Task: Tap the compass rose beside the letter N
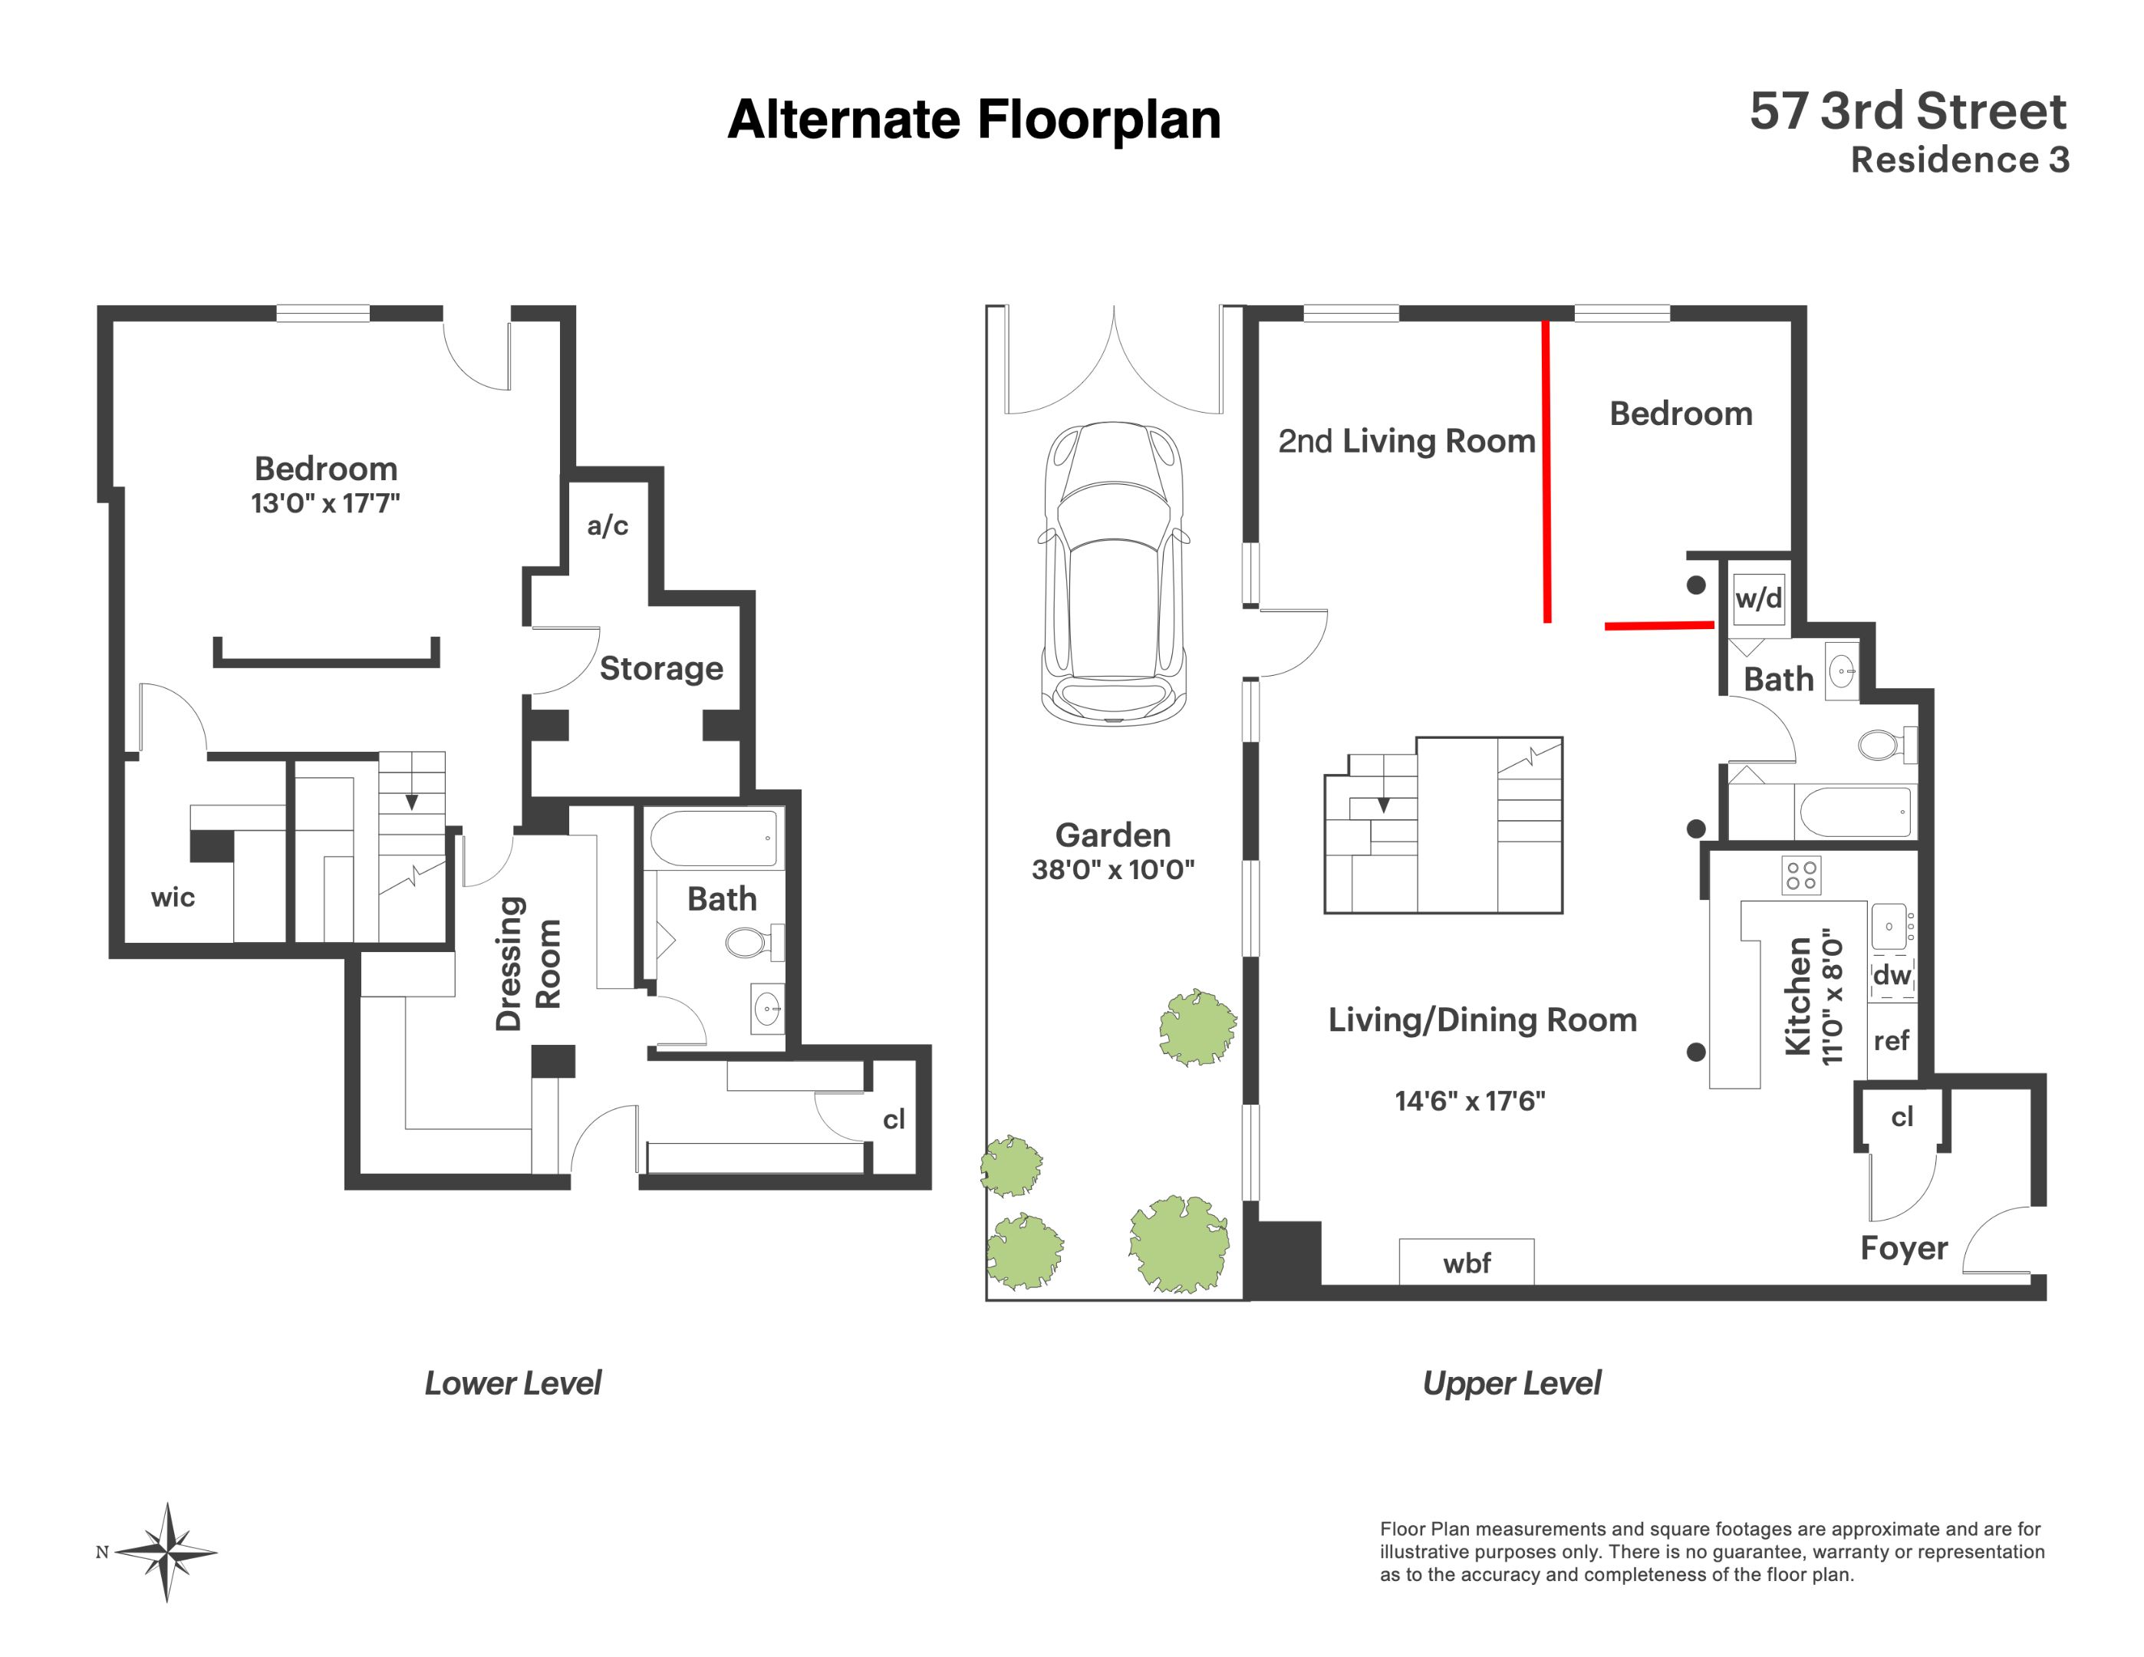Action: [168, 1552]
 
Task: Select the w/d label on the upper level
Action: [1758, 598]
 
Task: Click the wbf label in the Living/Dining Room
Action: [1467, 1263]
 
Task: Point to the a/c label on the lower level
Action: [608, 525]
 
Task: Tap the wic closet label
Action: [173, 898]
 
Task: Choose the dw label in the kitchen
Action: [1892, 975]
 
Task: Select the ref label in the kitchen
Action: [1891, 1040]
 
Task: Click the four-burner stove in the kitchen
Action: [1800, 875]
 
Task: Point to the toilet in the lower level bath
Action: [755, 942]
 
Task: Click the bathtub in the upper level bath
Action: [1856, 811]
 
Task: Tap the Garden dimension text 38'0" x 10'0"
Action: [1113, 870]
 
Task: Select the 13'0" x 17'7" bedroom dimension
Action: [325, 503]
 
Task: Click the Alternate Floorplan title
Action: [974, 120]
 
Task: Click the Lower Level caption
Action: [512, 1383]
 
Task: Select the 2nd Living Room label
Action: [1407, 442]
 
